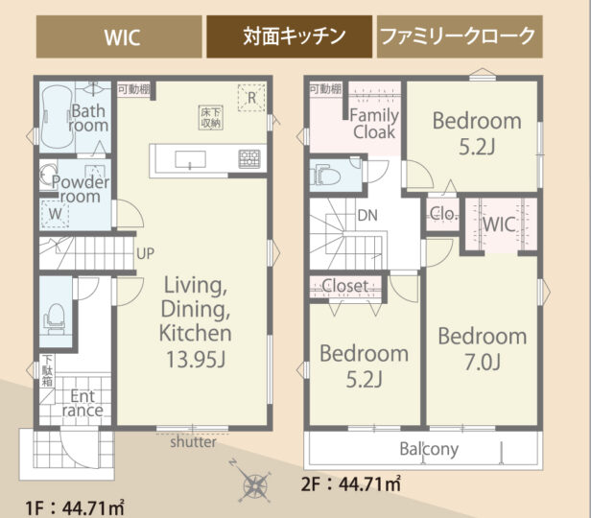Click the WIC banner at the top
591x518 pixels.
(x=119, y=36)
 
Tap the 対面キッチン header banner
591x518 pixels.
(x=289, y=36)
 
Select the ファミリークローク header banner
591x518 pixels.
(x=460, y=36)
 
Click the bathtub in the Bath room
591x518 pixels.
(x=57, y=117)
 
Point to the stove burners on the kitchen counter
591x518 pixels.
(x=249, y=159)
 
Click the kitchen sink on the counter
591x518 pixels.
(x=190, y=159)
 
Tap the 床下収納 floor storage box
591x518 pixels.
(x=211, y=118)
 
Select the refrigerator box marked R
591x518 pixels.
(x=251, y=98)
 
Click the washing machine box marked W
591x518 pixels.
(x=55, y=214)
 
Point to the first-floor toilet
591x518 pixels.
(x=55, y=318)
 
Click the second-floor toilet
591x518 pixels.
(x=325, y=176)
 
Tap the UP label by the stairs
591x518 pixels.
(x=145, y=253)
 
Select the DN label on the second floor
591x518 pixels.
(x=367, y=216)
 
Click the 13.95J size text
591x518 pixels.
(x=196, y=360)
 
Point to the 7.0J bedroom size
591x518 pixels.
(x=482, y=363)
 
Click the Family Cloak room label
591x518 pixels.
(x=374, y=124)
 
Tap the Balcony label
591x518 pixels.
(x=429, y=449)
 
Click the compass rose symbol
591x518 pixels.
(x=254, y=482)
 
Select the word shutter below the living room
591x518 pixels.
(x=193, y=442)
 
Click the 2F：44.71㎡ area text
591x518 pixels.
(x=351, y=483)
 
